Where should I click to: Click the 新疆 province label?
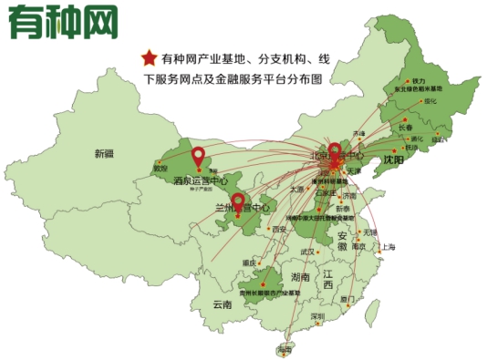(103, 154)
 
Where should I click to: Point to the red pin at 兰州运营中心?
(238, 202)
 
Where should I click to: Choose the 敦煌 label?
(161, 169)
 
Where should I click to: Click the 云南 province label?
(223, 304)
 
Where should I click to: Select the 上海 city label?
(389, 247)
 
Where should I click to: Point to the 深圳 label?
(317, 316)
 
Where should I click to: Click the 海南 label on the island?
(285, 348)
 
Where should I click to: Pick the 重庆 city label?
(249, 262)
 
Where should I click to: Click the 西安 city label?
(278, 229)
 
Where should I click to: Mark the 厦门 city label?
(347, 298)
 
